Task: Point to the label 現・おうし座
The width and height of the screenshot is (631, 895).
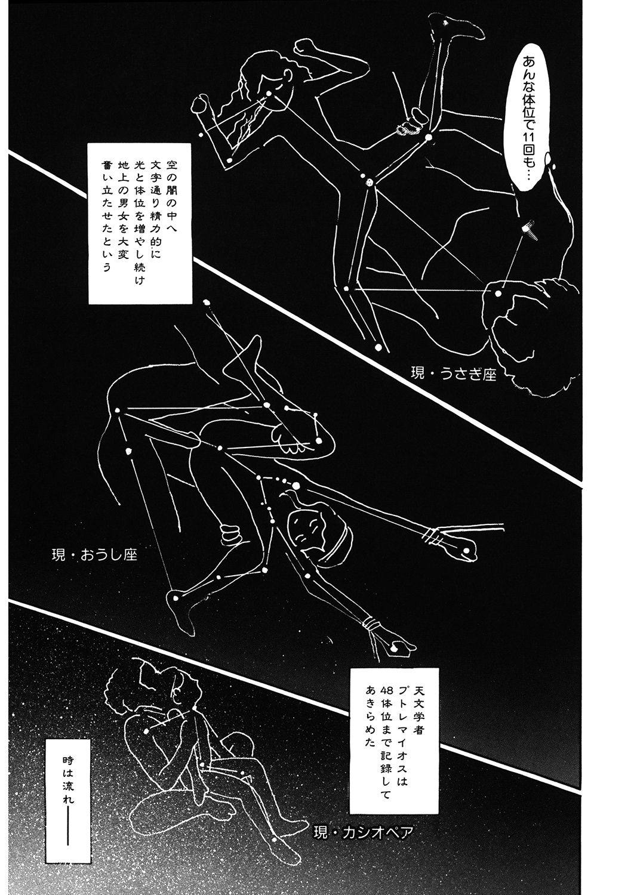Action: click(x=95, y=554)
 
